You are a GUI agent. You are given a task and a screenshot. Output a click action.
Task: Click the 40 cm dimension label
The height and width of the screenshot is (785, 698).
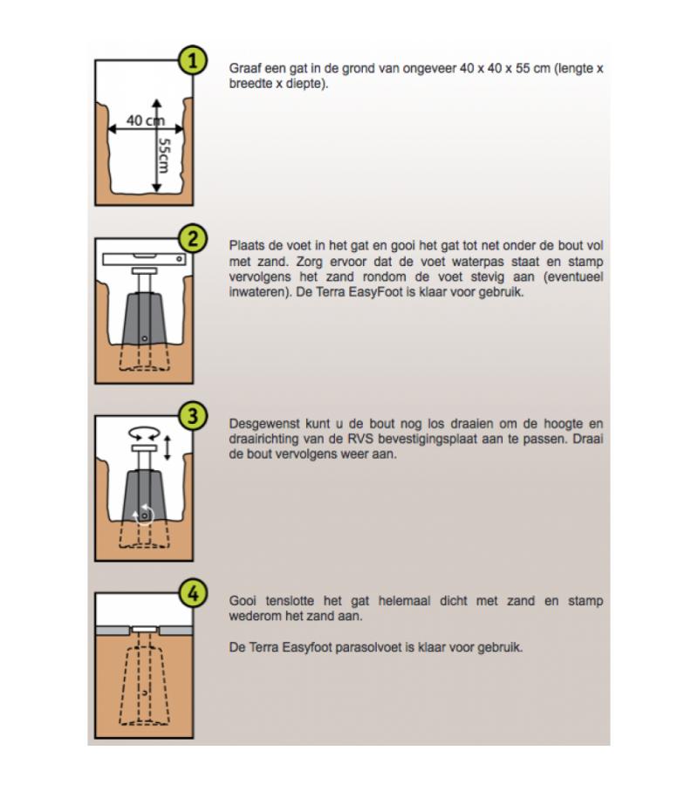[x=142, y=120]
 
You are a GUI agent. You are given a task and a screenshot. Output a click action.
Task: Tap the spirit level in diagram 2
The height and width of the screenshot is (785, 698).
[x=144, y=258]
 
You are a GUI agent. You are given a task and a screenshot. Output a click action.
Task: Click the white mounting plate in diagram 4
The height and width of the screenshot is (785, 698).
[x=144, y=629]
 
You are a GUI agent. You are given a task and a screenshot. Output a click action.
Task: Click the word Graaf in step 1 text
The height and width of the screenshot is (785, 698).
[x=245, y=69]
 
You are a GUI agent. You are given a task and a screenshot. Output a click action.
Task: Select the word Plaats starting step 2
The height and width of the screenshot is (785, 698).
[x=247, y=246]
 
